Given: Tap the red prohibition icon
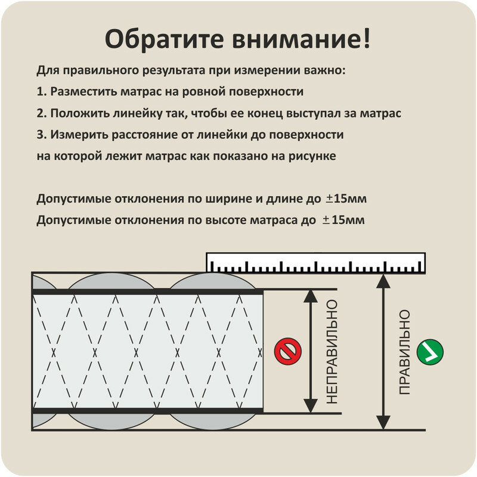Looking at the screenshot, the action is click(288, 351).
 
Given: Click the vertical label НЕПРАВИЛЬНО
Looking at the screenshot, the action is click(332, 352).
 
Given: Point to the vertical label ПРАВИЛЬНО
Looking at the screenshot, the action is click(405, 352).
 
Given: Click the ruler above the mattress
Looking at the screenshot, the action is click(315, 262).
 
